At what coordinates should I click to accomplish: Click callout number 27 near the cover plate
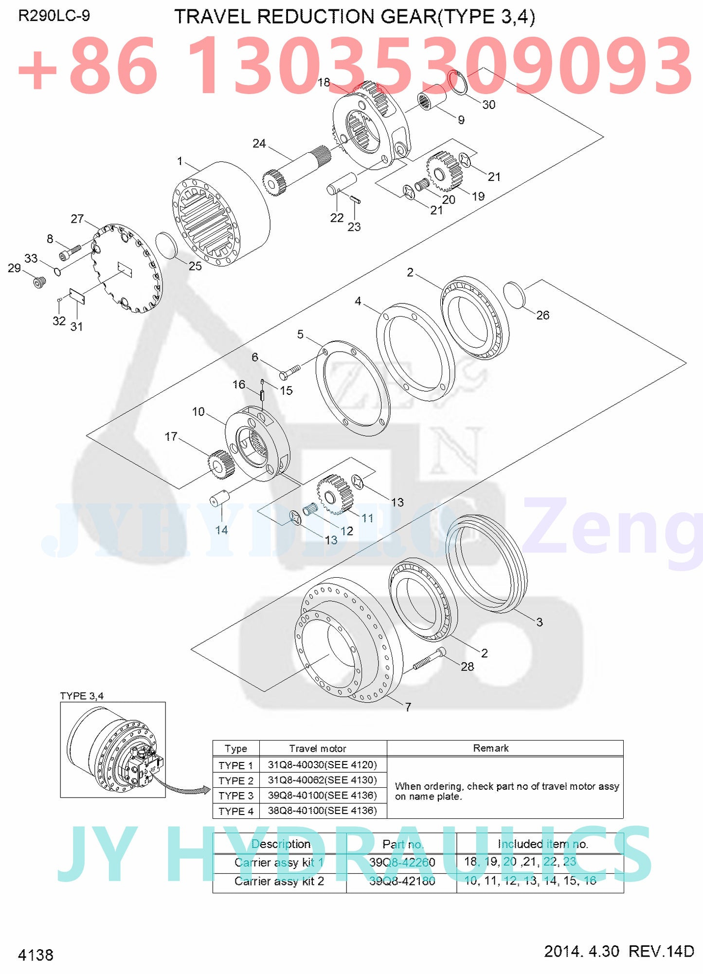(77, 219)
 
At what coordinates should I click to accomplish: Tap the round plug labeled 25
(165, 246)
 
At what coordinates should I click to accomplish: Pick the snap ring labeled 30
(457, 83)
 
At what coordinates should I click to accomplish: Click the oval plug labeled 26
(515, 295)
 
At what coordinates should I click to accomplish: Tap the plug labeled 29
(39, 281)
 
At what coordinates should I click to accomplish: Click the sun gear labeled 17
(221, 463)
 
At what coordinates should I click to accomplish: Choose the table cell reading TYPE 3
(236, 796)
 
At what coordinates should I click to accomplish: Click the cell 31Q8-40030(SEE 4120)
(322, 764)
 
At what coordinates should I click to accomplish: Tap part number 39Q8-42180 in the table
(402, 881)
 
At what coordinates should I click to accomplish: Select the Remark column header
(490, 748)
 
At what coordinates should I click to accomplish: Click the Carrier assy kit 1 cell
(279, 862)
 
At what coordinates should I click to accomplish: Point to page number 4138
(36, 955)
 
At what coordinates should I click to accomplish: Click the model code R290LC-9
(54, 16)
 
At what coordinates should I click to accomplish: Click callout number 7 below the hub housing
(408, 707)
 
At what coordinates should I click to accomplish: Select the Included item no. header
(543, 844)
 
